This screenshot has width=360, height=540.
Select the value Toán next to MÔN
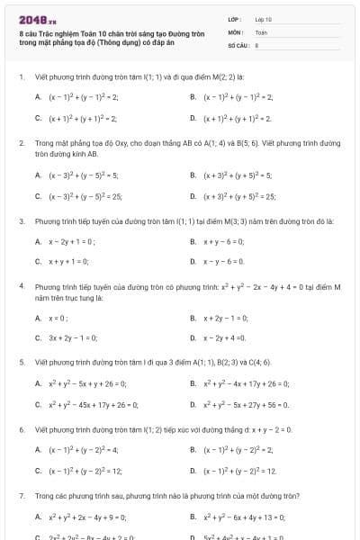[x=261, y=31]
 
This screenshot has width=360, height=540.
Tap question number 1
[x=21, y=76]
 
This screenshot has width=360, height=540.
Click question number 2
[x=21, y=143]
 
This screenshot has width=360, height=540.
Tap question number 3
[x=21, y=220]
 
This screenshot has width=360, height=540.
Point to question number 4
[x=21, y=286]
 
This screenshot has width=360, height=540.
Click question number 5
[x=21, y=363]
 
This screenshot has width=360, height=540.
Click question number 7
[x=21, y=496]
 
